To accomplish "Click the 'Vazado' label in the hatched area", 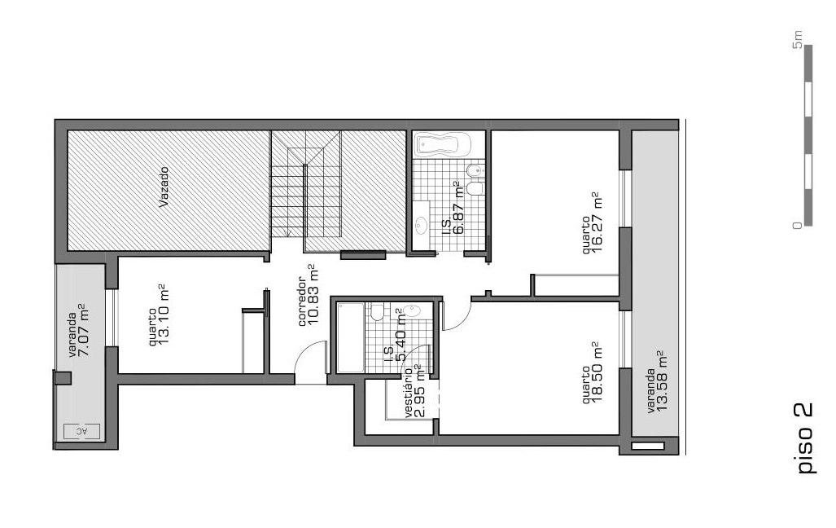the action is [x=164, y=187].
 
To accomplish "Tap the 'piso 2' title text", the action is [x=804, y=438].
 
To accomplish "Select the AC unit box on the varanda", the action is [x=81, y=431].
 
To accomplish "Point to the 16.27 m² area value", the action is [x=597, y=222].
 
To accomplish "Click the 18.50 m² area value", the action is [x=597, y=372].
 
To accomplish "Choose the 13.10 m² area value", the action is [x=164, y=315].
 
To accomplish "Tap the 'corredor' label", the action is [x=301, y=301].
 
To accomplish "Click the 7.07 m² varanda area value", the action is [x=84, y=330].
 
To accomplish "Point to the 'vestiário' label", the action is [x=408, y=393].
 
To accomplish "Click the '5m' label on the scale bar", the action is [x=798, y=39].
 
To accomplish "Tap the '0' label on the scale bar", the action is [x=798, y=225].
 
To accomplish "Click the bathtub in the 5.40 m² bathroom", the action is [x=350, y=337].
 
